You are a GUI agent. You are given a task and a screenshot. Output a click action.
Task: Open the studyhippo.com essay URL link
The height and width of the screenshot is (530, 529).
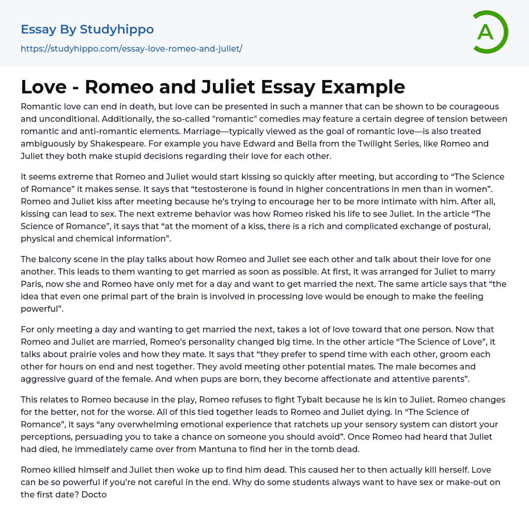click(x=131, y=49)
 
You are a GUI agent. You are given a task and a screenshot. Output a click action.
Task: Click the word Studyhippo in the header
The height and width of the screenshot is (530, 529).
click(x=117, y=29)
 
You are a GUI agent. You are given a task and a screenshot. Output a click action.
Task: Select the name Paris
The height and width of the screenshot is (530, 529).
click(x=32, y=284)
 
